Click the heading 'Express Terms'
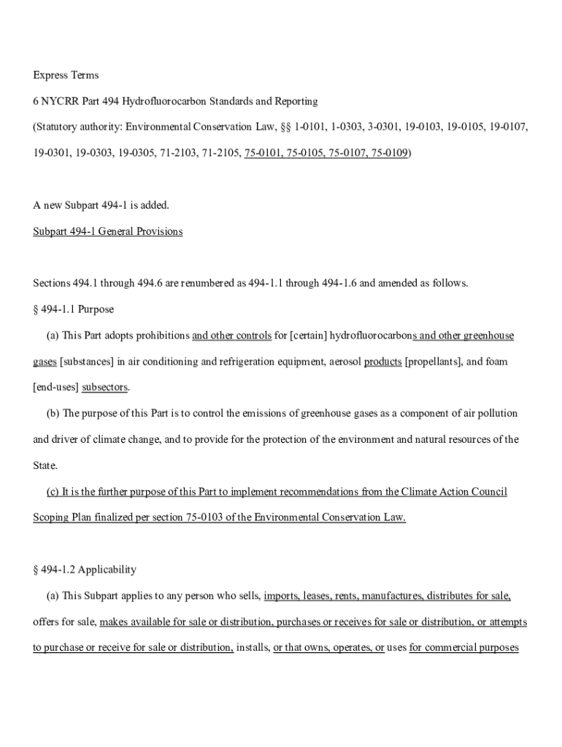(66, 75)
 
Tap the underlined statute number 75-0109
(389, 153)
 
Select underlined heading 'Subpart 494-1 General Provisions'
(108, 232)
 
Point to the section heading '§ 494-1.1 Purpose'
(73, 309)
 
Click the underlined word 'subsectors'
(105, 387)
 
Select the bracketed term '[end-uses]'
(55, 387)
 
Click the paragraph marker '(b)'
(53, 414)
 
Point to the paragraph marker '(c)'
(53, 492)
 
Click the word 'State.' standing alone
(45, 465)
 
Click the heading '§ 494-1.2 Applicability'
(85, 570)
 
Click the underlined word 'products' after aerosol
(382, 362)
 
